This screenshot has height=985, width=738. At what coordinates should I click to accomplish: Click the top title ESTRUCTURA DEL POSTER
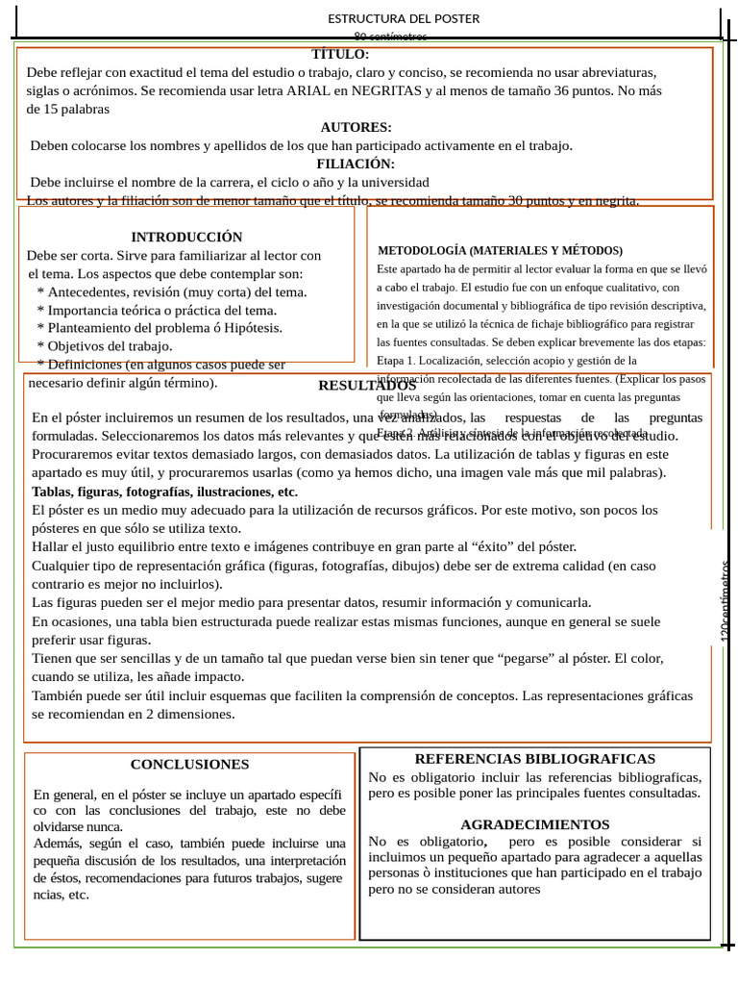pyautogui.click(x=404, y=18)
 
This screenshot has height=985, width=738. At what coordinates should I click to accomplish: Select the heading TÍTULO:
pyautogui.click(x=340, y=55)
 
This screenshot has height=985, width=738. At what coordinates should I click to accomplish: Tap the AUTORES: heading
pyautogui.click(x=356, y=127)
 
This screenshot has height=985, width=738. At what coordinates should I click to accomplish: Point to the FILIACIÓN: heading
pyautogui.click(x=356, y=164)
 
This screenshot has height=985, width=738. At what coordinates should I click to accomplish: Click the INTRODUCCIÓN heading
pyautogui.click(x=186, y=237)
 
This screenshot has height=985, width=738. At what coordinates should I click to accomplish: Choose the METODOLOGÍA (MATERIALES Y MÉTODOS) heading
pyautogui.click(x=500, y=250)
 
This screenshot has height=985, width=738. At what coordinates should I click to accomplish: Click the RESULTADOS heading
pyautogui.click(x=367, y=386)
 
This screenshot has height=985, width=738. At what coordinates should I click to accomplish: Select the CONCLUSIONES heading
pyautogui.click(x=189, y=765)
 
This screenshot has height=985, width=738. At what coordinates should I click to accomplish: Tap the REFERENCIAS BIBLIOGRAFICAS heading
pyautogui.click(x=534, y=759)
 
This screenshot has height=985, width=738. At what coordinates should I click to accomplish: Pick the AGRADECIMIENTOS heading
pyautogui.click(x=534, y=824)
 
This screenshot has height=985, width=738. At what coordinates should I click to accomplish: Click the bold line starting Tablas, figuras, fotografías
pyautogui.click(x=164, y=492)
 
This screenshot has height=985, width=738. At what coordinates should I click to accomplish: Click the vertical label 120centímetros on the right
pyautogui.click(x=726, y=601)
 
